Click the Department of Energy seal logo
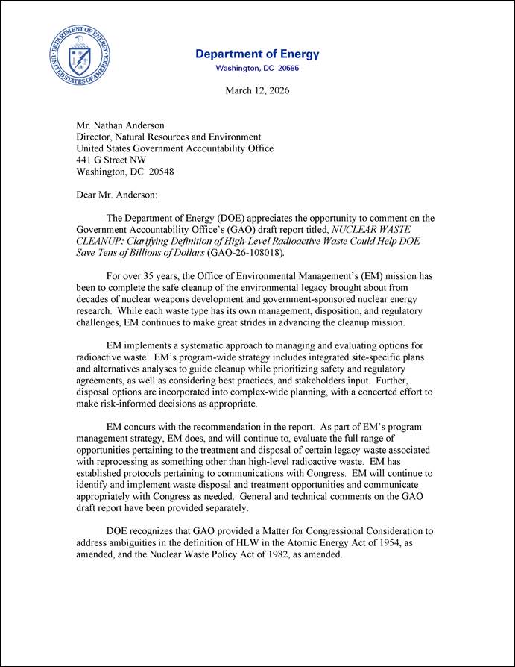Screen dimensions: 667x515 click(80, 54)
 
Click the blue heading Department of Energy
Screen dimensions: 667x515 click(257, 54)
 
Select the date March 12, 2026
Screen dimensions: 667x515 click(257, 90)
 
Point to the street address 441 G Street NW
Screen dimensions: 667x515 click(112, 160)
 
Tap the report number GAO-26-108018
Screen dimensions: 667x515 click(244, 253)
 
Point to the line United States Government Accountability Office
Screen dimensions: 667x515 click(175, 148)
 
